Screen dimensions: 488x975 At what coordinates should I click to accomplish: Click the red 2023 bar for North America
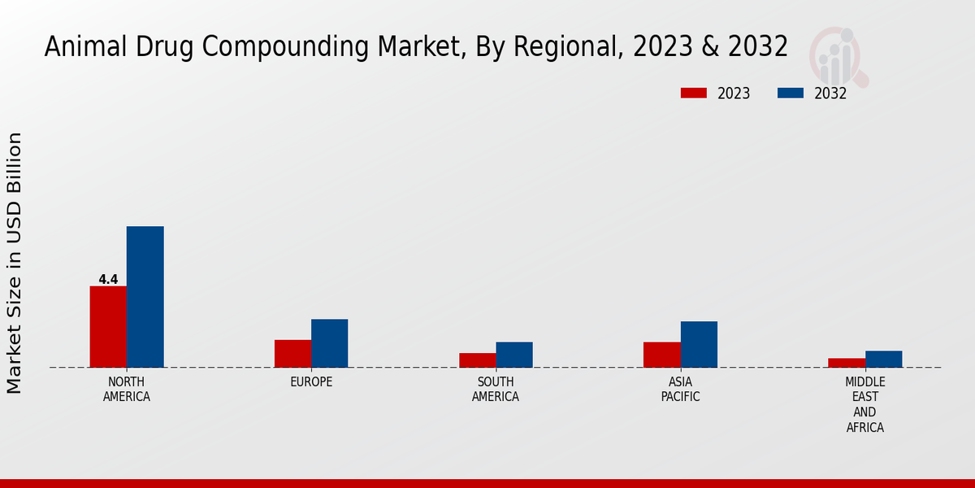pyautogui.click(x=108, y=326)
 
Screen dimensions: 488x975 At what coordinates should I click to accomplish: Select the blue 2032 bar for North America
pyautogui.click(x=145, y=296)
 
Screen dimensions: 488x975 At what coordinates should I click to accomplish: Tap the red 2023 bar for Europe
pyautogui.click(x=292, y=353)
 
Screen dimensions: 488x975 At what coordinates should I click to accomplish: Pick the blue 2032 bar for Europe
pyautogui.click(x=329, y=342)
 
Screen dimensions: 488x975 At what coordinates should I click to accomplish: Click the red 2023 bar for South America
pyautogui.click(x=477, y=359)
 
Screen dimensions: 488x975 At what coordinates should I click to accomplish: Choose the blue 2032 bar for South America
pyautogui.click(x=514, y=354)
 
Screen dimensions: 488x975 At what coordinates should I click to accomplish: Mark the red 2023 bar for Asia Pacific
pyautogui.click(x=661, y=354)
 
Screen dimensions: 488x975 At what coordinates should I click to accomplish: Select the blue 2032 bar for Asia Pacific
pyautogui.click(x=699, y=344)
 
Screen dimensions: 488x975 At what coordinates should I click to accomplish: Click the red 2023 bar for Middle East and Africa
pyautogui.click(x=846, y=362)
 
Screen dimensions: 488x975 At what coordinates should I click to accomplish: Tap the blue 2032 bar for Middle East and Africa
pyautogui.click(x=883, y=359)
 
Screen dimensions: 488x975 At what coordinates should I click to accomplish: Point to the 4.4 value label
pyautogui.click(x=108, y=279)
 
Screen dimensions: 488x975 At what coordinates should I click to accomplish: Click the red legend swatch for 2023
pyautogui.click(x=694, y=93)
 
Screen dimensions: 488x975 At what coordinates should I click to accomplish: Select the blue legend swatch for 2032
pyautogui.click(x=791, y=93)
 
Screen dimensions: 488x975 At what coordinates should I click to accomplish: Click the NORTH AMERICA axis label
pyautogui.click(x=126, y=389)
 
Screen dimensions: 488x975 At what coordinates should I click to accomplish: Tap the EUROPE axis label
pyautogui.click(x=311, y=381)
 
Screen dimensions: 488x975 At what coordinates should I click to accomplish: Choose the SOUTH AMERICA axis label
pyautogui.click(x=496, y=389)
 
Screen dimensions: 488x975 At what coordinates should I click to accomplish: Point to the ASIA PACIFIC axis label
pyautogui.click(x=680, y=389)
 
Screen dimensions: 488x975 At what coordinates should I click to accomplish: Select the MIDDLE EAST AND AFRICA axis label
pyautogui.click(x=864, y=404)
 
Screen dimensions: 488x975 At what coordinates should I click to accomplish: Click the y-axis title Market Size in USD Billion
pyautogui.click(x=15, y=263)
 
